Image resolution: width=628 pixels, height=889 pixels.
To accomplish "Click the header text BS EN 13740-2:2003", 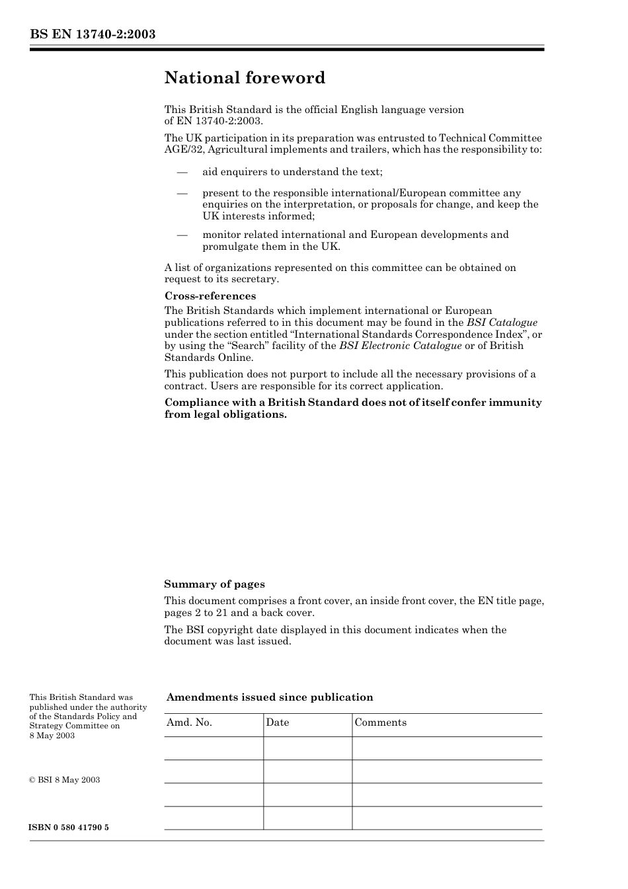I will (93, 34).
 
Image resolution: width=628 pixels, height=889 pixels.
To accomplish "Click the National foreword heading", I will (245, 78).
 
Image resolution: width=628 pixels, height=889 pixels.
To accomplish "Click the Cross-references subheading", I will (210, 296).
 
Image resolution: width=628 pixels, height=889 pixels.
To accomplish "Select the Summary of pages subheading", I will (214, 584).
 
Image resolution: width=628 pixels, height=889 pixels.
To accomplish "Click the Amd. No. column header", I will (189, 722).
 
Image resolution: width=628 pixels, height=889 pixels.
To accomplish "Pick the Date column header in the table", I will (278, 722).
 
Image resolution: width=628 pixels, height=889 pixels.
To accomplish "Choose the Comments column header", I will (381, 722).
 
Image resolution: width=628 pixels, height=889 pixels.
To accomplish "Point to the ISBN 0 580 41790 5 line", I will (69, 828).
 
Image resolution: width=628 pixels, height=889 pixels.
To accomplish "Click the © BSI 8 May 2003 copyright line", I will (65, 780).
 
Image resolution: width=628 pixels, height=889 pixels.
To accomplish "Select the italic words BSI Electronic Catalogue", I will (401, 346).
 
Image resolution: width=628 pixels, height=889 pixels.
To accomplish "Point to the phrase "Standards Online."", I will (209, 358).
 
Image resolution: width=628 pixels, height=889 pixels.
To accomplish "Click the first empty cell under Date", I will (307, 748).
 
